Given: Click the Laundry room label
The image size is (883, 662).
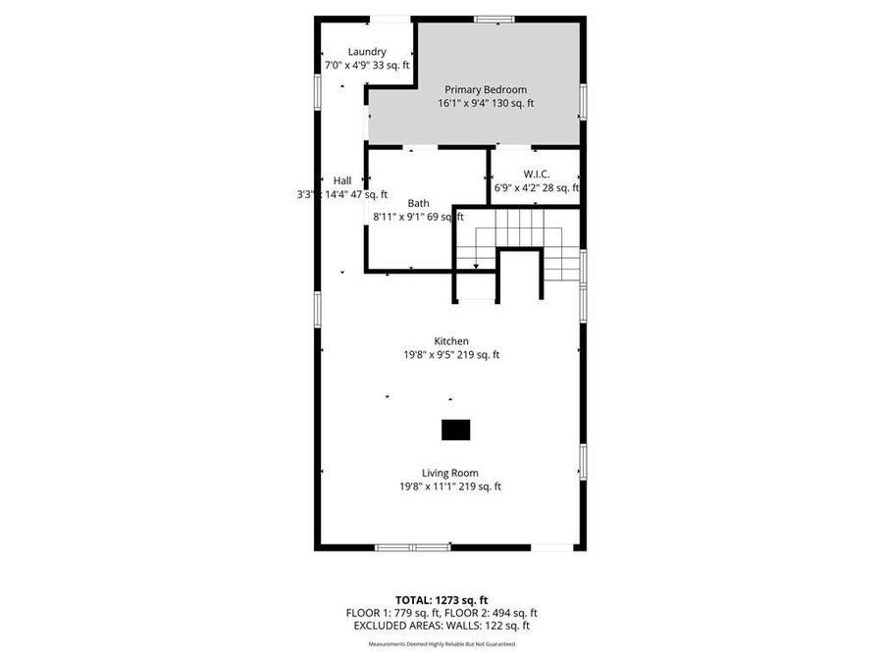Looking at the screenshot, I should [367, 52].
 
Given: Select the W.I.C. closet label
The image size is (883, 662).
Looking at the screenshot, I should [537, 174].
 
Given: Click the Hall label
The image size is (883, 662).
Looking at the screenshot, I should [341, 180].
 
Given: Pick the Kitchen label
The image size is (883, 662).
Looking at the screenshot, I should [451, 341].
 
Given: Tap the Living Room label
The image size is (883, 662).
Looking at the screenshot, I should [450, 473].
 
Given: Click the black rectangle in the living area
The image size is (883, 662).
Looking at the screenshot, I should [455, 430].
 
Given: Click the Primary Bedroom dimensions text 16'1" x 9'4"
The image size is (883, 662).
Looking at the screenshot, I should [486, 103].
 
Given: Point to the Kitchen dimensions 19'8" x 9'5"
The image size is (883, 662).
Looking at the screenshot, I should [451, 355].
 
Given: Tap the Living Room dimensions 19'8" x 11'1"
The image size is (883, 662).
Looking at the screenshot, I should [450, 486].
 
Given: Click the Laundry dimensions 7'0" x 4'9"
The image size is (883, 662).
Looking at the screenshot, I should [366, 66].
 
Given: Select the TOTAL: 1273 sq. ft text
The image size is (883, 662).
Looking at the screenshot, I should [441, 599].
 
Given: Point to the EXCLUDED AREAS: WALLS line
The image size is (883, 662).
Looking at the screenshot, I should [441, 625].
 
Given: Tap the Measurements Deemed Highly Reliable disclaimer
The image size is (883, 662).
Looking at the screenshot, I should [441, 644].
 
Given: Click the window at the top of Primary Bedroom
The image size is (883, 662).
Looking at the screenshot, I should [494, 19].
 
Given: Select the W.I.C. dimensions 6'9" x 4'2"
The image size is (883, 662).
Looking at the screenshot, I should [537, 187].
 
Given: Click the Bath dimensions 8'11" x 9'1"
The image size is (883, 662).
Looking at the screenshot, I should [418, 218].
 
